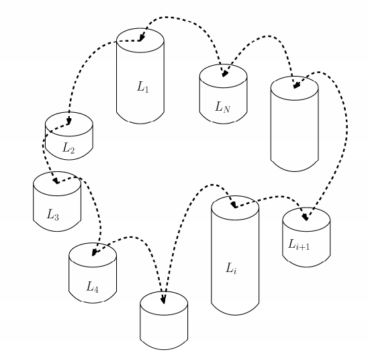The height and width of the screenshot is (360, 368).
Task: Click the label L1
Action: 142,87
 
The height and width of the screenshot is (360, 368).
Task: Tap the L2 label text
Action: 68,148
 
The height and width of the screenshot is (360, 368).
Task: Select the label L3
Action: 53,215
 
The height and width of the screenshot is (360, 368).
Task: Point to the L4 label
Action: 92,287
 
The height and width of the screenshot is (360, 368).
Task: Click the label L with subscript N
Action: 223,107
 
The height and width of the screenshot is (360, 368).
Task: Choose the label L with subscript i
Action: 231,268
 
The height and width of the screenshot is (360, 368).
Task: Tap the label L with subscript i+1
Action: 299,244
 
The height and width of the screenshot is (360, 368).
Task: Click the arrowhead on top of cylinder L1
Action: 141,38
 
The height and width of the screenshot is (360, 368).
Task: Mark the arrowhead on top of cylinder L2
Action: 68,121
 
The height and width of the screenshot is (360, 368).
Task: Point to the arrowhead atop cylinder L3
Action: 56,181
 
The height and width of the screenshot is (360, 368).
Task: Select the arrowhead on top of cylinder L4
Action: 94,253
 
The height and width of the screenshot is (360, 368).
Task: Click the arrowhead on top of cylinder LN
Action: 224,74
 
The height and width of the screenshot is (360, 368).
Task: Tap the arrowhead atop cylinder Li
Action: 234,205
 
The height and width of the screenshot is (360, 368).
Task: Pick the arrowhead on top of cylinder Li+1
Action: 306,218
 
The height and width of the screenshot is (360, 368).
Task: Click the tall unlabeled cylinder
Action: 295,124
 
